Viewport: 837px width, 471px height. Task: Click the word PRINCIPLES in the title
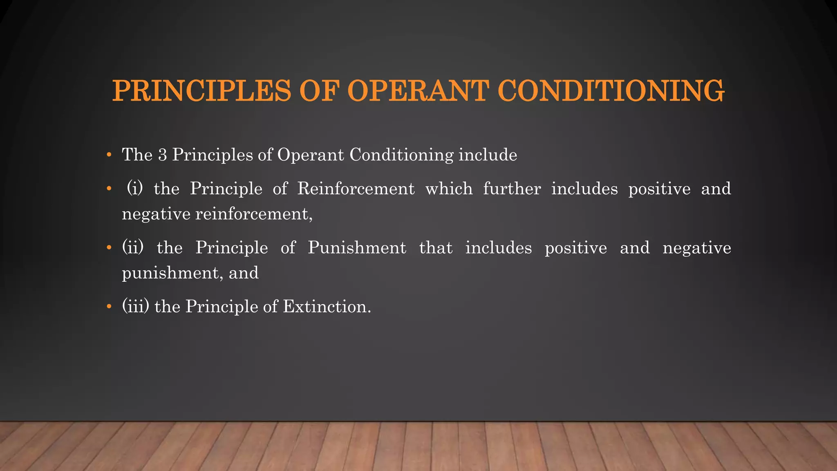click(201, 90)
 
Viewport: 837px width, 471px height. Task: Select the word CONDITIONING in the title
click(611, 90)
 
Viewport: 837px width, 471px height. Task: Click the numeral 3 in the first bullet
click(162, 155)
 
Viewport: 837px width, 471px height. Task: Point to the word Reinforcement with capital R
click(356, 189)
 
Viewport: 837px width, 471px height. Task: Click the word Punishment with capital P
click(357, 248)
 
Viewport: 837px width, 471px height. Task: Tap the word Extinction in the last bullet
click(327, 307)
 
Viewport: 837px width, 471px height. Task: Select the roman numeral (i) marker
click(135, 189)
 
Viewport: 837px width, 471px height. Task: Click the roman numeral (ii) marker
click(133, 248)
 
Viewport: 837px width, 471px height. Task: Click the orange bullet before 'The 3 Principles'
click(109, 155)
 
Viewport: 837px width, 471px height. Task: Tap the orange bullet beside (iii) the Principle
click(109, 307)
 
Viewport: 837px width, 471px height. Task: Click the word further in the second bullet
click(512, 189)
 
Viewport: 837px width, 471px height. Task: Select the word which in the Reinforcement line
click(449, 189)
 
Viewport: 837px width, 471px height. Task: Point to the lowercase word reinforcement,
click(254, 214)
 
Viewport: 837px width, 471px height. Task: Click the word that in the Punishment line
click(436, 248)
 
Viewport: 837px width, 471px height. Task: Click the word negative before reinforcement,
click(156, 214)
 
